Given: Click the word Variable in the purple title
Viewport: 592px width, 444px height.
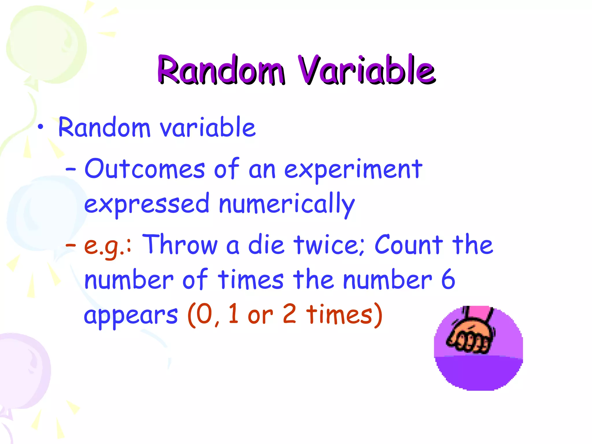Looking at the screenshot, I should (x=367, y=70).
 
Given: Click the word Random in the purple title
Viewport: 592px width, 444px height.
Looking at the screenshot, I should (x=221, y=70).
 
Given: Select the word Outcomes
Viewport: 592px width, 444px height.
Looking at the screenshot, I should (x=145, y=169).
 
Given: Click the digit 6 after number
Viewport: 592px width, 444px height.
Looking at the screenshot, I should (x=448, y=279).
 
